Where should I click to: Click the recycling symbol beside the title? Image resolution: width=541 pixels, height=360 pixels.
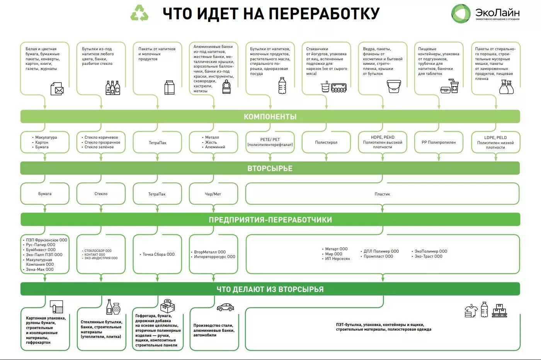pyautogui.click(x=140, y=13)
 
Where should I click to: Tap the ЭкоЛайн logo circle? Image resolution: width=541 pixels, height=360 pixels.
pyautogui.click(x=461, y=14)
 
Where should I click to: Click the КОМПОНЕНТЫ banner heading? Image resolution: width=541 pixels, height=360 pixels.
pyautogui.click(x=270, y=117)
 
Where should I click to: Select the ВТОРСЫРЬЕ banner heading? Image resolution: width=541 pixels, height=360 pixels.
pyautogui.click(x=270, y=168)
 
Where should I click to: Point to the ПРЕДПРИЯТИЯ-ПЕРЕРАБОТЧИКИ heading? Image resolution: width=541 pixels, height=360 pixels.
pyautogui.click(x=270, y=220)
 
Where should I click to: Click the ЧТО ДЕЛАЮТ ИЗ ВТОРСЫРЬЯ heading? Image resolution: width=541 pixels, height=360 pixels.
pyautogui.click(x=270, y=289)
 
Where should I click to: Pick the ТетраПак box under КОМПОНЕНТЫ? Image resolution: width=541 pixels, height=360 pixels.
pyautogui.click(x=157, y=143)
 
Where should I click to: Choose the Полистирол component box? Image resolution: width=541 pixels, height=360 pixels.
pyautogui.click(x=326, y=143)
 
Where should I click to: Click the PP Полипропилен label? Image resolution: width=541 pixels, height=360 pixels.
pyautogui.click(x=439, y=143)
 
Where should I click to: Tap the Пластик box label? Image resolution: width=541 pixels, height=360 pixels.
pyautogui.click(x=382, y=194)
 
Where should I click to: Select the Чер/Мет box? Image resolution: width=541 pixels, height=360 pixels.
pyautogui.click(x=213, y=194)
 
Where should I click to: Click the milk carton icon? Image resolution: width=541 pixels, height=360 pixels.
pyautogui.click(x=169, y=88)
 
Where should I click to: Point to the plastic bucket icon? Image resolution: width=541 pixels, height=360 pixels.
pyautogui.click(x=394, y=87)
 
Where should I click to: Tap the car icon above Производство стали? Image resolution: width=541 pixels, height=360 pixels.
pyautogui.click(x=225, y=307)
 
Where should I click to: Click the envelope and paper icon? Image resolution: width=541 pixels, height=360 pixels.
pyautogui.click(x=57, y=89)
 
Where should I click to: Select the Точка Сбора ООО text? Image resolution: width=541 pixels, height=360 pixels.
pyautogui.click(x=158, y=255)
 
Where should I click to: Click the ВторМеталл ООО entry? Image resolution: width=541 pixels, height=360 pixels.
pyautogui.click(x=210, y=252)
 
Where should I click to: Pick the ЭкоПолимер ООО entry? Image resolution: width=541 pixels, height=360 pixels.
pyautogui.click(x=431, y=251)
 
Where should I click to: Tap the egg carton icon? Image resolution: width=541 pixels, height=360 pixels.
pyautogui.click(x=339, y=88)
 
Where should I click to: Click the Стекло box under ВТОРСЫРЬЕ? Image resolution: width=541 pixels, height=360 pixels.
pyautogui.click(x=101, y=194)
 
